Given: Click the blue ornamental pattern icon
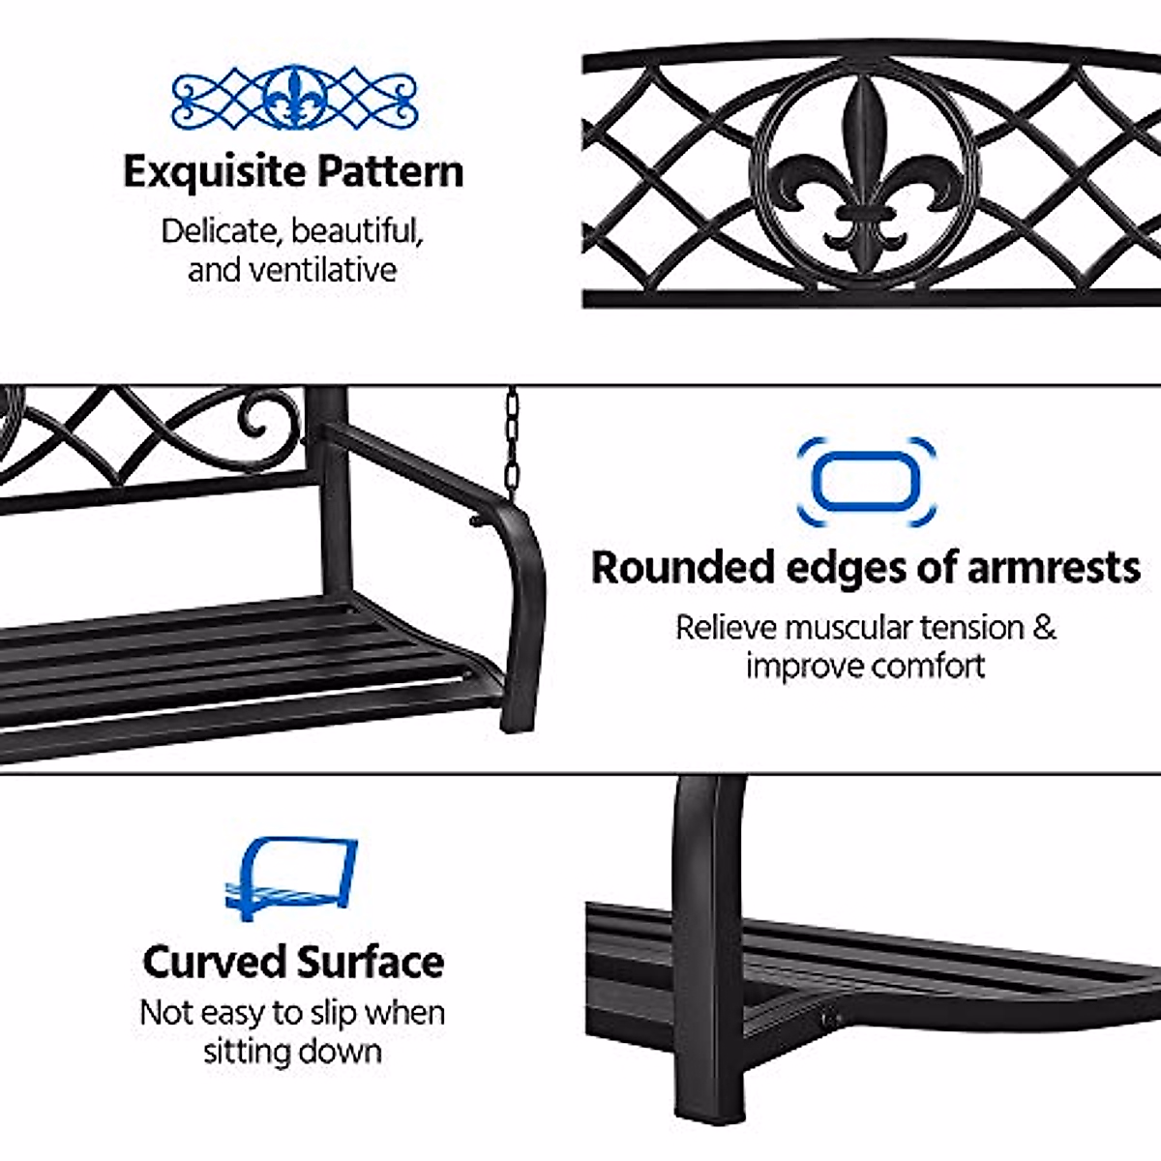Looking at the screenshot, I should pos(294,98).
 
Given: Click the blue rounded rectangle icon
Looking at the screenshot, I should pos(866,481).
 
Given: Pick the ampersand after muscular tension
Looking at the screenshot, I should pos(1043,627).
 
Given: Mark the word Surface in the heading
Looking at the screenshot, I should pos(370,962).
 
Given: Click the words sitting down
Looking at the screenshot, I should pos(292,1052).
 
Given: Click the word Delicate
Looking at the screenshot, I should pos(221,232).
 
